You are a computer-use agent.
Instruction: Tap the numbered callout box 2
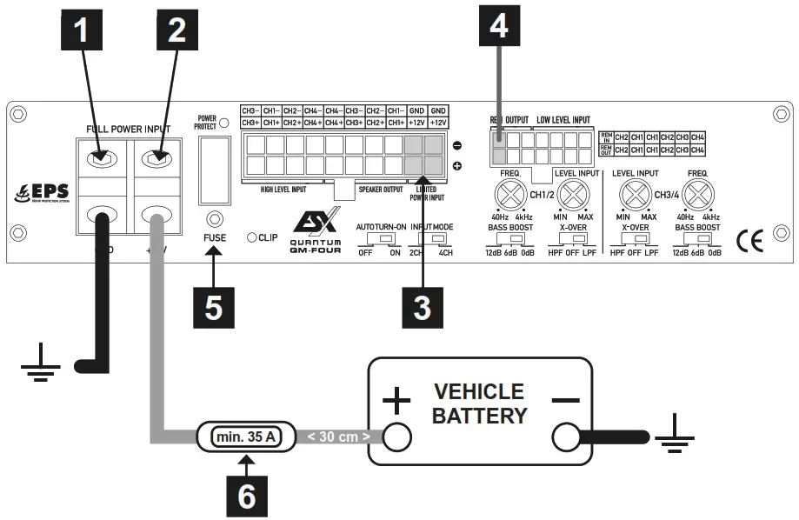176,32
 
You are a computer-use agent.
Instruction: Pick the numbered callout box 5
214,308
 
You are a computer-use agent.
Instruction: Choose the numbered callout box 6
247,495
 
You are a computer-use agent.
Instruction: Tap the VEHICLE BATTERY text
479,403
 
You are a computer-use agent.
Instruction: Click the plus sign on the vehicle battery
396,402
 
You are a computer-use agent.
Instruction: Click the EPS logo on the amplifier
43,192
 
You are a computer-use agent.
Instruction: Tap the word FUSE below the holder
214,237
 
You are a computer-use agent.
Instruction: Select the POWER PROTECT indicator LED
223,123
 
